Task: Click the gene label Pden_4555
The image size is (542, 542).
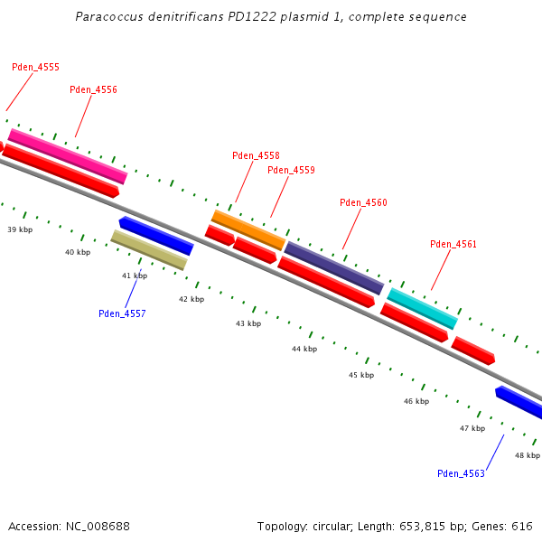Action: [x=35, y=67]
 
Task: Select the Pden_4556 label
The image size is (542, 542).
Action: [x=93, y=89]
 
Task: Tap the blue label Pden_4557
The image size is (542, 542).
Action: [x=122, y=313]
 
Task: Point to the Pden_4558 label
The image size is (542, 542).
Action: [x=256, y=155]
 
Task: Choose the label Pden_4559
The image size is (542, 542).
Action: [x=291, y=170]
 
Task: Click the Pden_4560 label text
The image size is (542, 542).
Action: [x=363, y=202]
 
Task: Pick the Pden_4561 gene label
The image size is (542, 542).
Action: [x=453, y=244]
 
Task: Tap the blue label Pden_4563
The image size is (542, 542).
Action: [x=461, y=473]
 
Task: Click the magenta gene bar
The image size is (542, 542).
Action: [x=68, y=156]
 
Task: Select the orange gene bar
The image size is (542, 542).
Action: [x=248, y=229]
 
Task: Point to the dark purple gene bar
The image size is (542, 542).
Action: [x=334, y=267]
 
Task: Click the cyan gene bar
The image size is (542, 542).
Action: [x=422, y=308]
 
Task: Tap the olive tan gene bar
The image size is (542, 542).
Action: [x=149, y=249]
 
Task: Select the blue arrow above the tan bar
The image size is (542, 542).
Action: [x=156, y=235]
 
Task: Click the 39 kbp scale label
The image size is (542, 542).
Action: [x=20, y=230]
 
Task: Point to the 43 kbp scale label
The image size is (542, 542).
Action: [x=248, y=323]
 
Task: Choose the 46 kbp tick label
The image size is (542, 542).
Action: [x=416, y=401]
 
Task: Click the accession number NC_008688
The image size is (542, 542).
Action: [x=98, y=526]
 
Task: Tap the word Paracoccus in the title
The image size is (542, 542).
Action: [x=106, y=16]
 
